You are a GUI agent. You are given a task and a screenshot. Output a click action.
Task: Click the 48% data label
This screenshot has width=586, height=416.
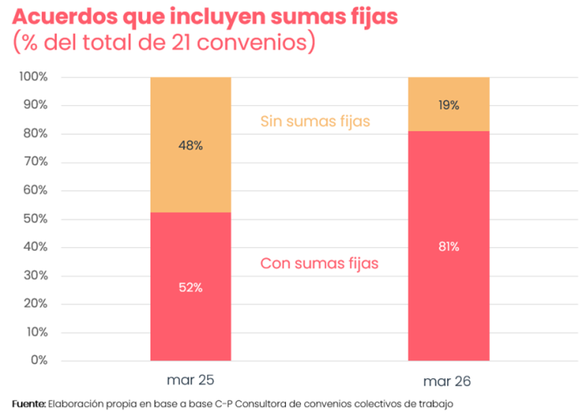tap(190, 146)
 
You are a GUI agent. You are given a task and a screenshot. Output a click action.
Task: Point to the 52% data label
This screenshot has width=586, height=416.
tap(190, 287)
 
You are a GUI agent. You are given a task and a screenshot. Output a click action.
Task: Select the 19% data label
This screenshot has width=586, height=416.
tap(449, 105)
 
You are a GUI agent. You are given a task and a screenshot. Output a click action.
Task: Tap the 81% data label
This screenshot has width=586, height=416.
tap(449, 247)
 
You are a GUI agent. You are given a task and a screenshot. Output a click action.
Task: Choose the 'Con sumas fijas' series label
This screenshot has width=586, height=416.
tap(319, 263)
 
